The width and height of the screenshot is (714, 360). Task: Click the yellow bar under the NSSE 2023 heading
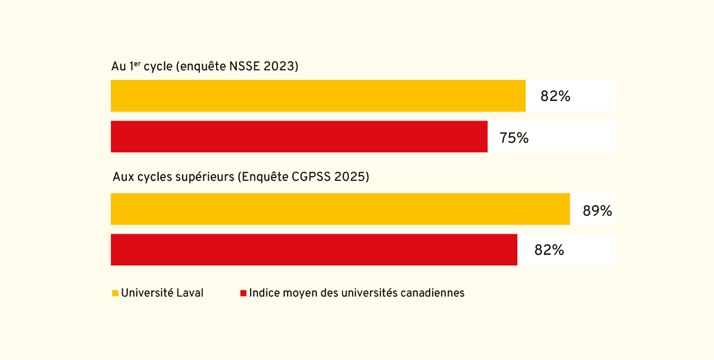318,96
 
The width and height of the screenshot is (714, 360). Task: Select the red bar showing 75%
299,136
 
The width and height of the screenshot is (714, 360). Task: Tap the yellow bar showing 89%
340,209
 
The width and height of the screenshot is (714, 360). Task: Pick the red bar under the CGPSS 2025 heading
313,250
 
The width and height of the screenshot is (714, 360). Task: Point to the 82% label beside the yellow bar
555,96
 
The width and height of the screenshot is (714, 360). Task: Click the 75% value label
514,137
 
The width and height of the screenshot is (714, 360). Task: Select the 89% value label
597,211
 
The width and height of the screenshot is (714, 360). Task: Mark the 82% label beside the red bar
549,250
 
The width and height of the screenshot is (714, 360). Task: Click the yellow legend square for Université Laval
115,293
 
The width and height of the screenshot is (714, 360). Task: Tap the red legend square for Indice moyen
244,293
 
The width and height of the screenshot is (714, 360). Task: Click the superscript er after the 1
137,63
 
